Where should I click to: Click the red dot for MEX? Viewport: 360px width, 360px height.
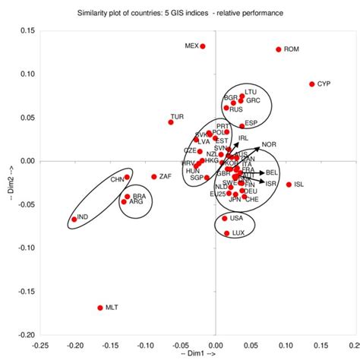pyautogui.click(x=203, y=46)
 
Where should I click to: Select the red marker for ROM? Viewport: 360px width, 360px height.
pyautogui.click(x=279, y=49)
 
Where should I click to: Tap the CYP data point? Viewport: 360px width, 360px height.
pyautogui.click(x=312, y=84)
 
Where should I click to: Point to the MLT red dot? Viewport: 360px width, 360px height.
pyautogui.click(x=99, y=308)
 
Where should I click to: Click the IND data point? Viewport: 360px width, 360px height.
pyautogui.click(x=74, y=219)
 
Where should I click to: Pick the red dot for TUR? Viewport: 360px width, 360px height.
pyautogui.click(x=171, y=122)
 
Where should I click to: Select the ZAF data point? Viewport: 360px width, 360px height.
pyautogui.click(x=154, y=177)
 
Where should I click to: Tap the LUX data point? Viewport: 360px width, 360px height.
pyautogui.click(x=226, y=233)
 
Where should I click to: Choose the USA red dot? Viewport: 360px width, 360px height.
pyautogui.click(x=225, y=219)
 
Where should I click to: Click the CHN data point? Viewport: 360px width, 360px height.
pyautogui.click(x=127, y=178)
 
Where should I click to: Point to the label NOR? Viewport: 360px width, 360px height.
pyautogui.click(x=269, y=144)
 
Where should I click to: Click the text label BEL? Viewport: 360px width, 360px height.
pyautogui.click(x=271, y=172)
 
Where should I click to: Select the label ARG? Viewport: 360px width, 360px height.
pyautogui.click(x=137, y=203)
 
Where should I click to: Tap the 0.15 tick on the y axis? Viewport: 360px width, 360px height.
pyautogui.click(x=26, y=30)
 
